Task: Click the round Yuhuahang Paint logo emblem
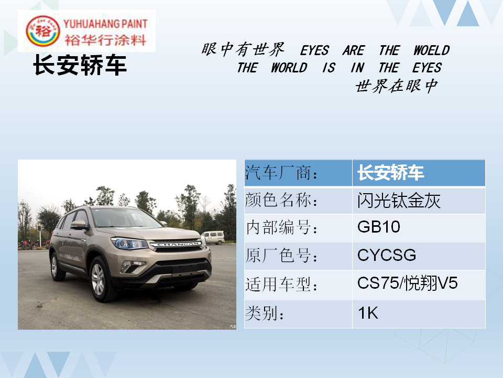coord(42,31)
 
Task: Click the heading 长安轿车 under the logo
coord(80,65)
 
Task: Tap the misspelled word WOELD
coord(431,50)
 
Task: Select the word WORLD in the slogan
coord(289,68)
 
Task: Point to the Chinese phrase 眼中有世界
coord(243,49)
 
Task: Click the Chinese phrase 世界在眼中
coord(397,86)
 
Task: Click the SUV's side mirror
coord(78,225)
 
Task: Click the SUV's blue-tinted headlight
coord(129,243)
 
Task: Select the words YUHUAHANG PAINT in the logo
coord(105,24)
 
